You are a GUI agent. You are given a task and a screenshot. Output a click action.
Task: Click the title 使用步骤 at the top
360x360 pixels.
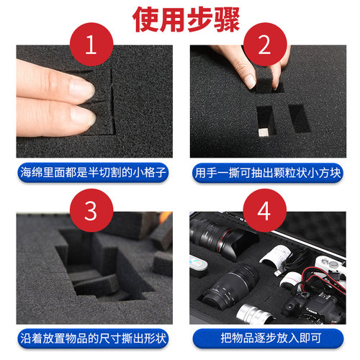click(x=180, y=19)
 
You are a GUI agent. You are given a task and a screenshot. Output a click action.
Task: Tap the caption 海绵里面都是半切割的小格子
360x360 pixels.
click(x=90, y=174)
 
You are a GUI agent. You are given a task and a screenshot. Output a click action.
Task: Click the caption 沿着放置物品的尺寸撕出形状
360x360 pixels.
click(x=90, y=337)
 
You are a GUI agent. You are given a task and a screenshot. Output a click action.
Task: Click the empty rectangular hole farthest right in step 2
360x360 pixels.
click(x=298, y=117)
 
